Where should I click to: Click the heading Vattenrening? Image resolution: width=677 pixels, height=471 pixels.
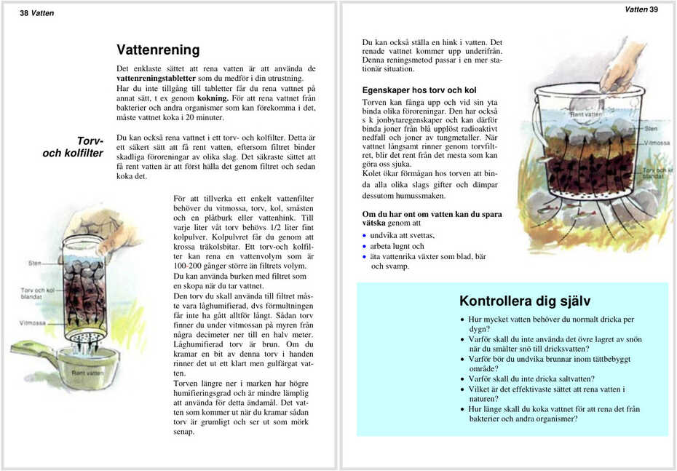pos(158,50)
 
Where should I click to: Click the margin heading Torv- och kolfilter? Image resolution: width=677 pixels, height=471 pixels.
pos(73,147)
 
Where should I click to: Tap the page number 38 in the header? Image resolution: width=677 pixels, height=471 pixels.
pos(23,13)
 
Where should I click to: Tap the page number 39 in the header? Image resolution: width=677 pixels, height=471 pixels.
pos(653,9)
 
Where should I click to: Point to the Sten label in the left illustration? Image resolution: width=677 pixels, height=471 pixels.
pos(35,263)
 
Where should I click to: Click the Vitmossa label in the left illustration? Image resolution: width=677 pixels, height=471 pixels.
pos(33,322)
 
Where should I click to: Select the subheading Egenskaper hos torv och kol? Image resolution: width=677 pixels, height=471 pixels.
pos(419,90)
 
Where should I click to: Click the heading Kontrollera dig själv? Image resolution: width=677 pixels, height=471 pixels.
pos(524,301)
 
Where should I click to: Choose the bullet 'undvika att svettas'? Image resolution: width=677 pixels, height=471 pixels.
pos(402,236)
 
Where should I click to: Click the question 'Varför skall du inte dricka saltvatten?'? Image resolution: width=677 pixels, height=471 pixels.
pos(531,379)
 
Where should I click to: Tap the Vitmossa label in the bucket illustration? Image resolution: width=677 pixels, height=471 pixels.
pos(657,143)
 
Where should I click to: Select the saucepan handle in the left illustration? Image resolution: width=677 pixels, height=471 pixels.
pos(33,349)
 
